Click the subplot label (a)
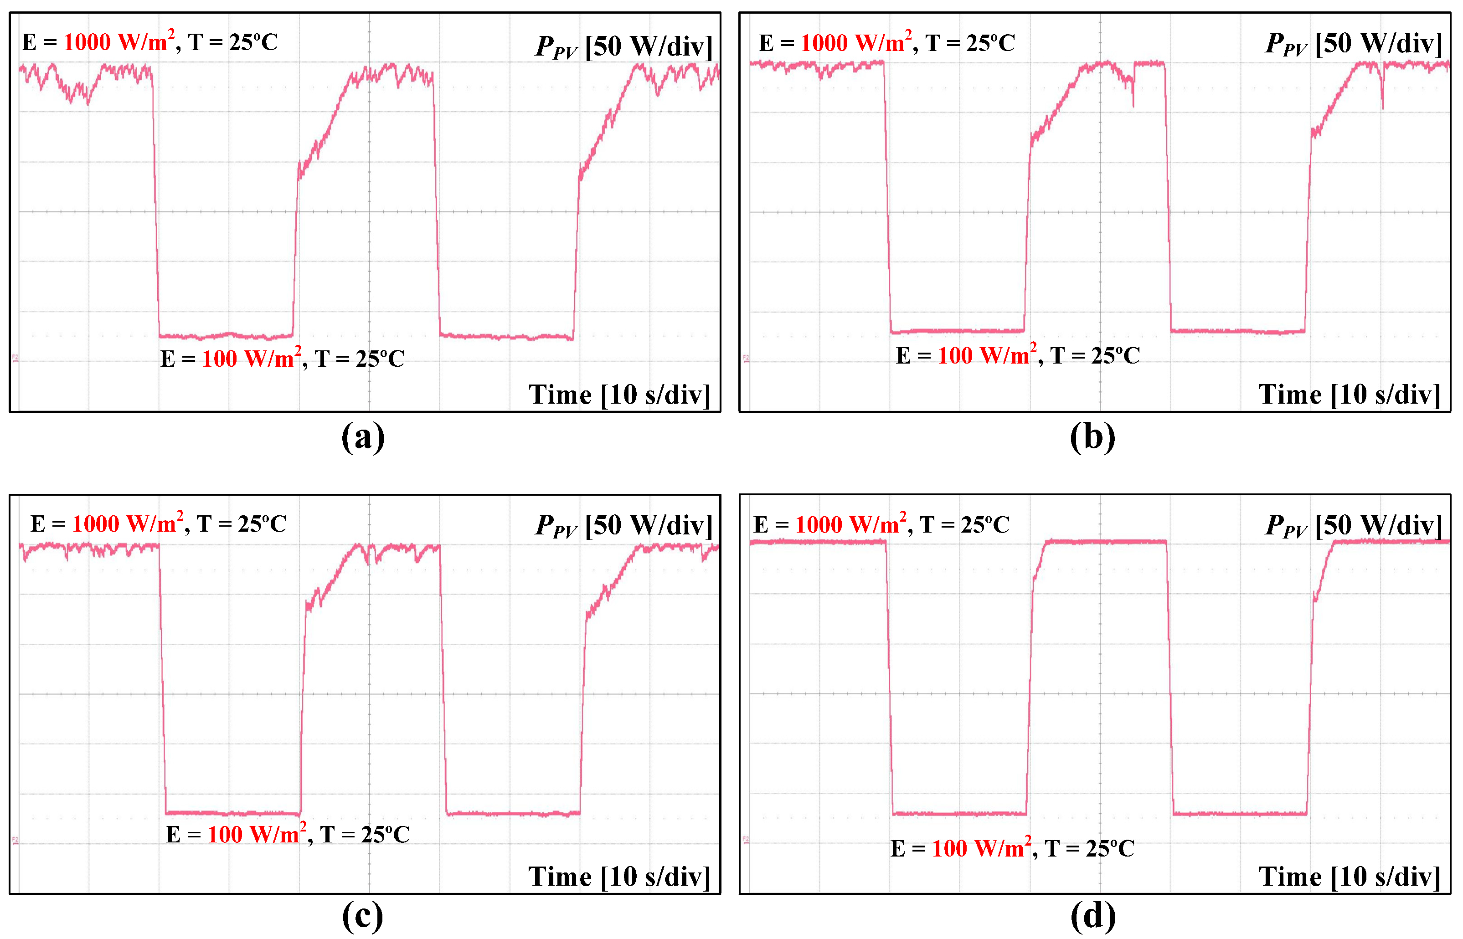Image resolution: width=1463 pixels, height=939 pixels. (363, 437)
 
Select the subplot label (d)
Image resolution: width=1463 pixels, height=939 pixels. (1093, 916)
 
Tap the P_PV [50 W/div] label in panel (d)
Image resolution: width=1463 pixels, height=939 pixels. (1353, 525)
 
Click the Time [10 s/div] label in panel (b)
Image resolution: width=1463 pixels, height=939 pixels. (1350, 395)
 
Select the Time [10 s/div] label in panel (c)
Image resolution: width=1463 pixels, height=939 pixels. (619, 877)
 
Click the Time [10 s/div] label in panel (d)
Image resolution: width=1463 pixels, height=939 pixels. (1350, 877)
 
